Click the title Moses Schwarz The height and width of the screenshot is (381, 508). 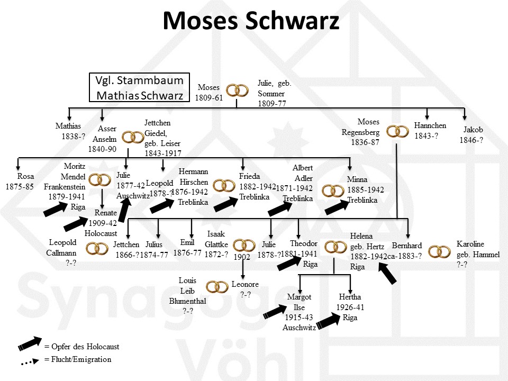coord(251,21)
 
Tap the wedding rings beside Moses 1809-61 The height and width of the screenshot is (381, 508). coord(237,90)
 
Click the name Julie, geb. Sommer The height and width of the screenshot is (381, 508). coord(275,93)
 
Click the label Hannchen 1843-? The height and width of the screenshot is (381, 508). coord(430,131)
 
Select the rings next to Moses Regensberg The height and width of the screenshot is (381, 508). coord(397,132)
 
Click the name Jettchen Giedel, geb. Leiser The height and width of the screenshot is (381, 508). coord(162,138)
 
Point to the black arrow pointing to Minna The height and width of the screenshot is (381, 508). coord(336,207)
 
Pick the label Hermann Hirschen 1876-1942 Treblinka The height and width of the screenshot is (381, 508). coord(193,187)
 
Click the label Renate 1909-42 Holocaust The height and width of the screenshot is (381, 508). coord(102,222)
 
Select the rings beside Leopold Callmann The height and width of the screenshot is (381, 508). coord(97,248)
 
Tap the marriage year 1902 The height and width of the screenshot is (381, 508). coord(242,257)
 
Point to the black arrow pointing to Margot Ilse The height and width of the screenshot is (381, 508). coord(275,312)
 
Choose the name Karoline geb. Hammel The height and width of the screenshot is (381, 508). coord(478,254)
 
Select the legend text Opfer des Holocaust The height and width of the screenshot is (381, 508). coord(82,347)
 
